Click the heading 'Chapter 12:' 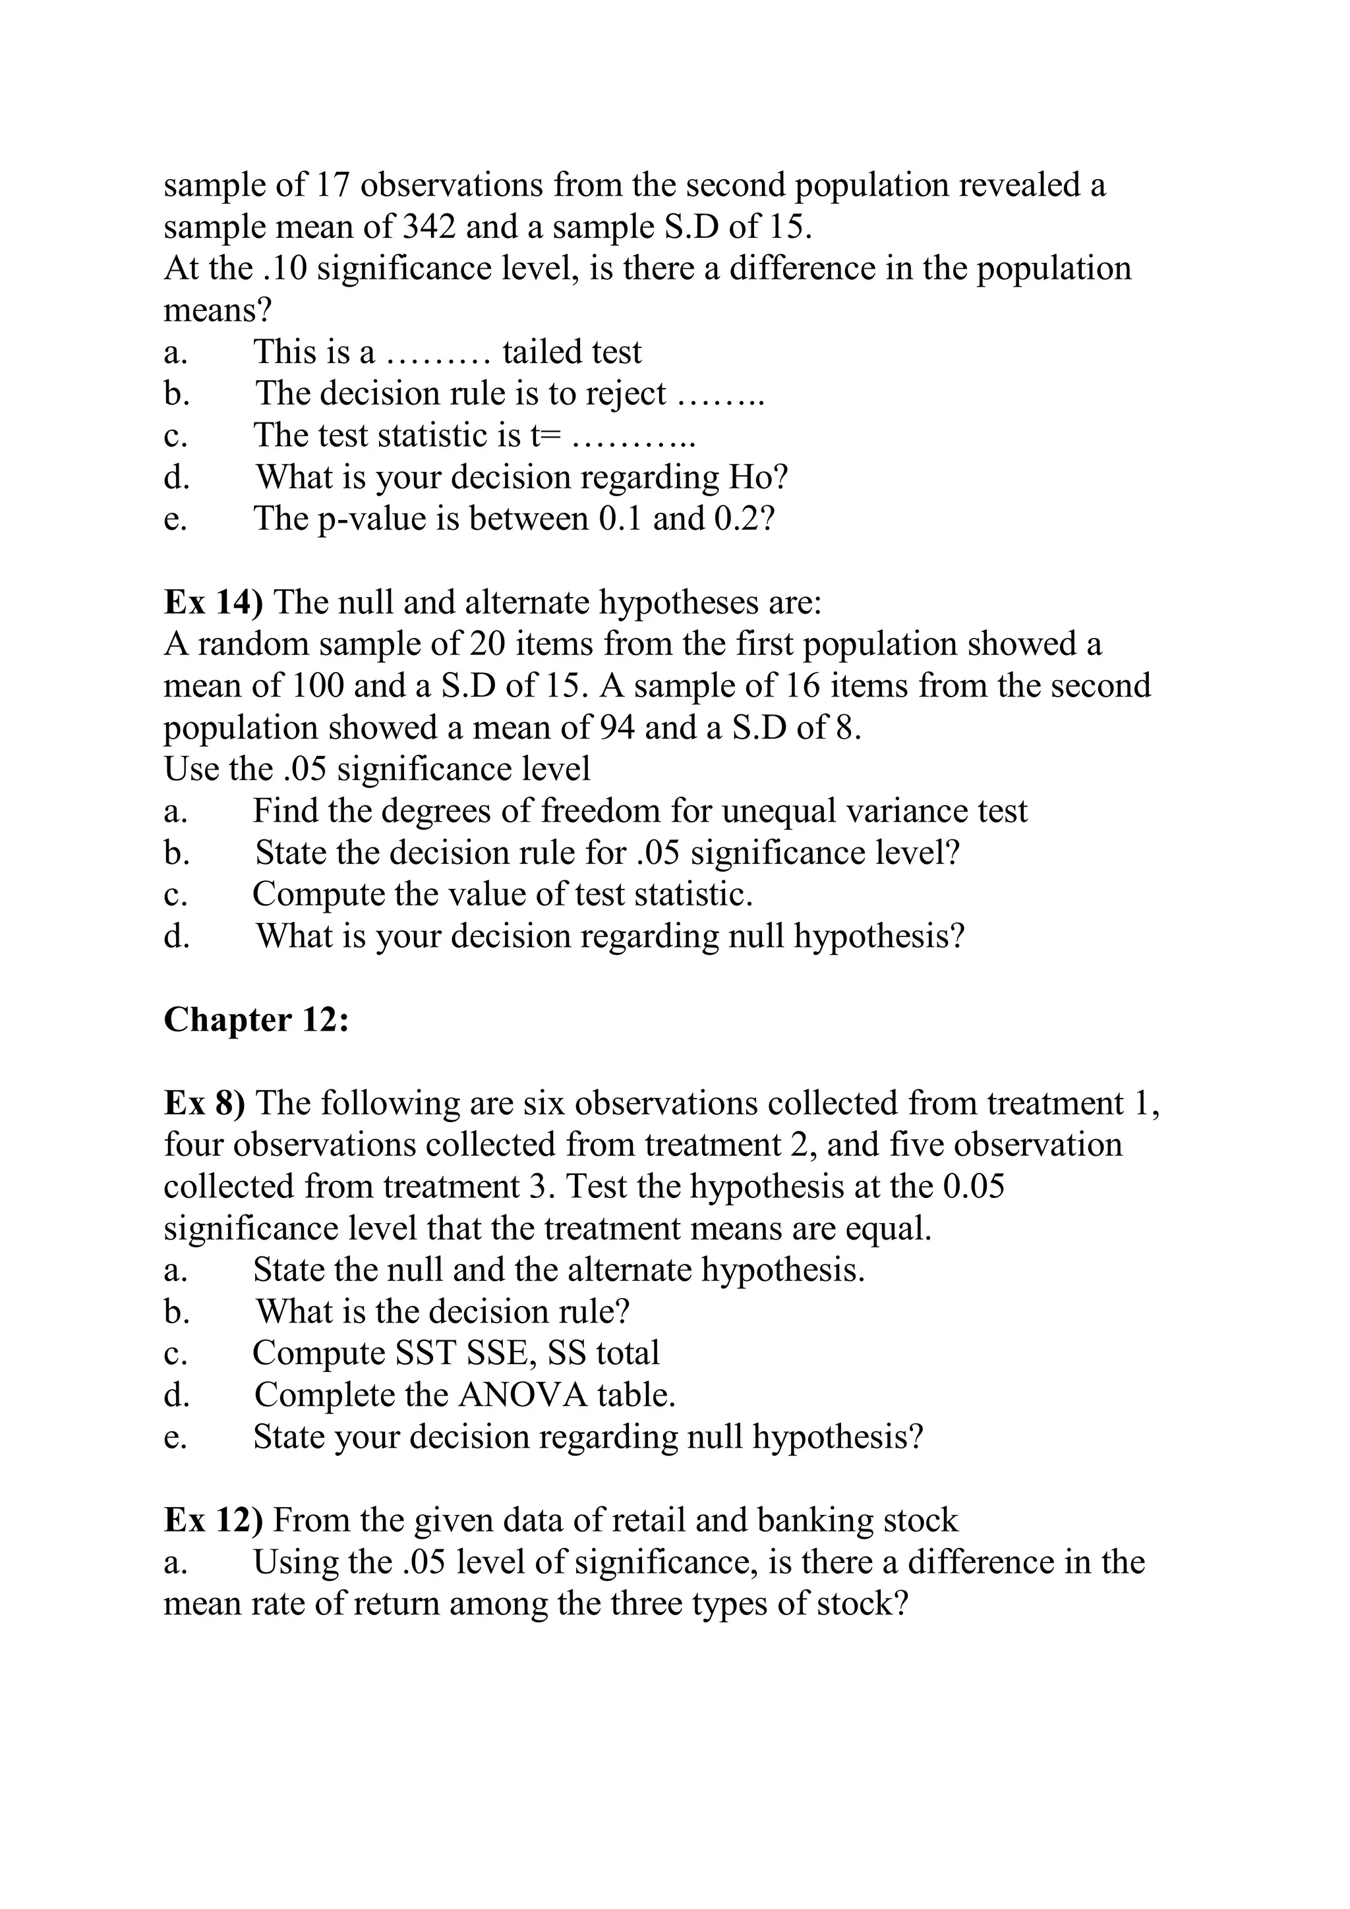[x=255, y=1019]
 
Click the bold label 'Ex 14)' [x=214, y=602]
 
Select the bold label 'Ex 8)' [x=204, y=1103]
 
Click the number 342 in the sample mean [x=428, y=226]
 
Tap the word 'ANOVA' [x=522, y=1395]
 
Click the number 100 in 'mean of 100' [x=318, y=686]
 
